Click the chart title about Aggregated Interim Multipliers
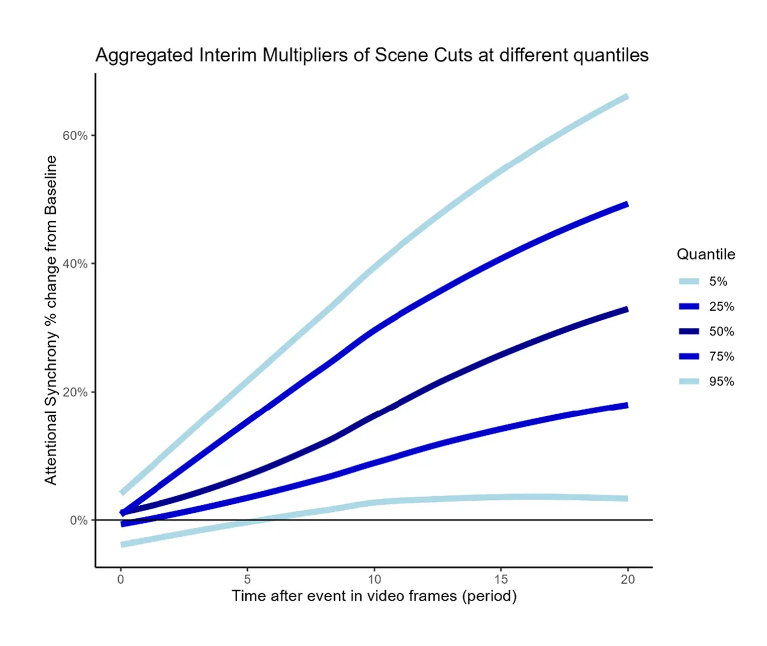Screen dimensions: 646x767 coord(372,55)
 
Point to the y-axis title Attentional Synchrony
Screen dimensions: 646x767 coord(51,320)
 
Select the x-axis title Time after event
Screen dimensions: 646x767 coord(374,596)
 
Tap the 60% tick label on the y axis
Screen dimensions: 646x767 coord(75,136)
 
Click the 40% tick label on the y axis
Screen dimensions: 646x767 coord(75,264)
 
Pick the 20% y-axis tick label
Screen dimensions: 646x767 coord(75,392)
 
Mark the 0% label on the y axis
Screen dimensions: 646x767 coord(78,520)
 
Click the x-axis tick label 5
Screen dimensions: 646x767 coord(247,580)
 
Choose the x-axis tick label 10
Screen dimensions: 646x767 coord(374,580)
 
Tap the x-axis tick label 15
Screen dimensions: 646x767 coord(501,580)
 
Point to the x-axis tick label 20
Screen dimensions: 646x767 coord(628,580)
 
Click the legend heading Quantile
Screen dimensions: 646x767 coord(706,254)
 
